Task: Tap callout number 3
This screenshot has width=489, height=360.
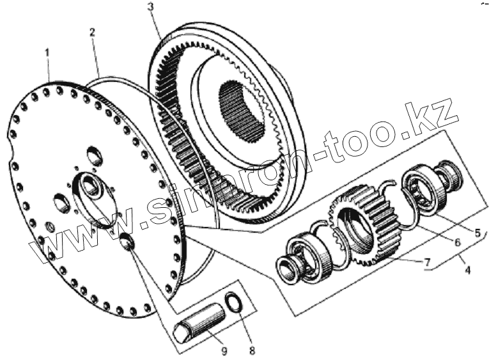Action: [x=150, y=8]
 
